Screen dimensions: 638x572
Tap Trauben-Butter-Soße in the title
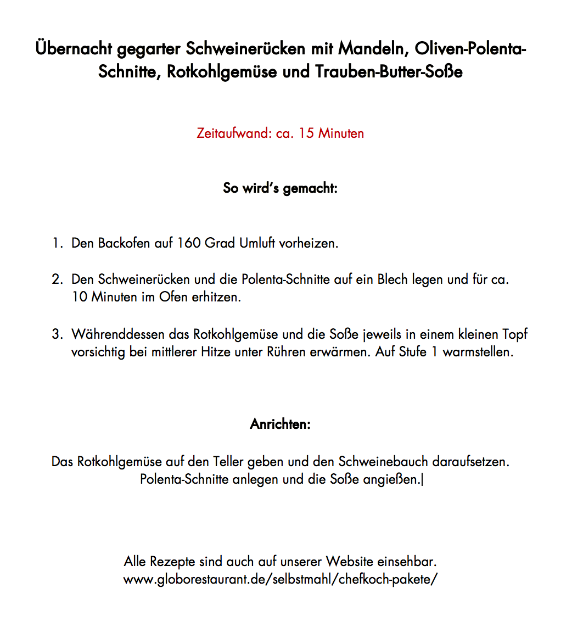[x=389, y=72]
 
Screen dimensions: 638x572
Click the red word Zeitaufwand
[x=233, y=133]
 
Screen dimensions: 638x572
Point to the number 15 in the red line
[x=306, y=133]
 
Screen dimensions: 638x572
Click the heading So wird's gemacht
[x=280, y=188]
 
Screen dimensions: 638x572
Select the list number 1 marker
[x=58, y=243]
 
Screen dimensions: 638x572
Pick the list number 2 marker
[x=58, y=279]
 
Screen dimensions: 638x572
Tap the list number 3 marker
[x=58, y=334]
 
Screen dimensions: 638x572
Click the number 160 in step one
[x=189, y=243]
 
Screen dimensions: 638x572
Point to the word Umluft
[x=257, y=243]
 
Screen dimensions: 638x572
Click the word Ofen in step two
[x=173, y=298]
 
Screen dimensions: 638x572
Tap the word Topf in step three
[x=514, y=334]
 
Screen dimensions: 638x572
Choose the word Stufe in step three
[x=413, y=352]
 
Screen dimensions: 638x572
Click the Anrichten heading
[x=280, y=424]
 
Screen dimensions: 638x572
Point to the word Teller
[x=228, y=462]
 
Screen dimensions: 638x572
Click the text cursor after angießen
[x=423, y=480]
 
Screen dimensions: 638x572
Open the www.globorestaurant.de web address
[x=280, y=580]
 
